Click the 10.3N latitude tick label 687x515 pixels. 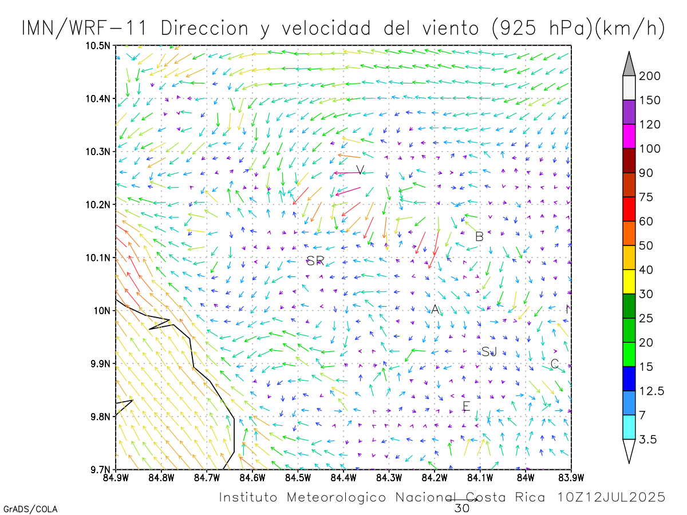[98, 152]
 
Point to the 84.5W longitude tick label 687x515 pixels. [298, 477]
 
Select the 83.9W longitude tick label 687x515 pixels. [570, 477]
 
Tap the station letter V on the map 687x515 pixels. [360, 170]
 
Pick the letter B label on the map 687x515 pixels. [480, 236]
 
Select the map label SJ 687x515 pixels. [489, 351]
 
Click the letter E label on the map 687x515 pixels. [466, 406]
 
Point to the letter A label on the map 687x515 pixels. [435, 310]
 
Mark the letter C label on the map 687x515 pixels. [554, 364]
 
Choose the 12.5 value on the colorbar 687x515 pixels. [652, 391]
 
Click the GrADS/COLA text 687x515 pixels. [30, 509]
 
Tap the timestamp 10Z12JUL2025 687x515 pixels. [612, 497]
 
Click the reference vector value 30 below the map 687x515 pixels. [461, 508]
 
